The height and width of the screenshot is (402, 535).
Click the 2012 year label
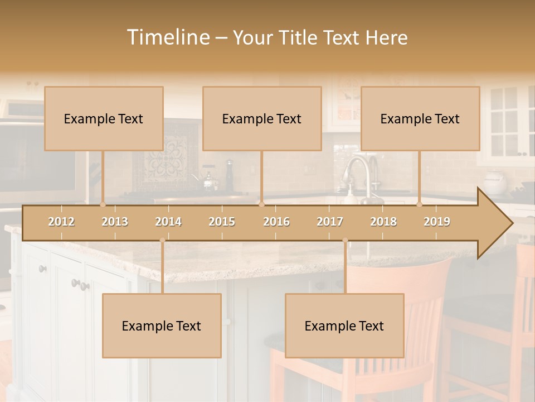click(x=61, y=222)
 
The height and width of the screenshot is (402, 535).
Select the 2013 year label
click(x=115, y=222)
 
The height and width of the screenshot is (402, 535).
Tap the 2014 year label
click(x=168, y=222)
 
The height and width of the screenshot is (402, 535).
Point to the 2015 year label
click(x=222, y=222)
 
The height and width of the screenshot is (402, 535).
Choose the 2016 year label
click(x=276, y=222)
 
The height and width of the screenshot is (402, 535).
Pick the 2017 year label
click(x=330, y=222)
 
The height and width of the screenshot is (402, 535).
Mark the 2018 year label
click(x=383, y=222)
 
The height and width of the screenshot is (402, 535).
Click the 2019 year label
click(x=437, y=222)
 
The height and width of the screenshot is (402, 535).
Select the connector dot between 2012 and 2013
click(x=103, y=204)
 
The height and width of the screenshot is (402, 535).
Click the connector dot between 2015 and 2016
click(x=261, y=204)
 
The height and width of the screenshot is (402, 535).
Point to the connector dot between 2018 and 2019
click(x=420, y=204)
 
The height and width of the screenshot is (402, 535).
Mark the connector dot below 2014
click(x=162, y=240)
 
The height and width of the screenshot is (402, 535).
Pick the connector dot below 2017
click(x=345, y=240)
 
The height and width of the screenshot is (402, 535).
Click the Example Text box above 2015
click(x=262, y=118)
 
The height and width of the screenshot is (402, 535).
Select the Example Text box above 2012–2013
click(x=104, y=118)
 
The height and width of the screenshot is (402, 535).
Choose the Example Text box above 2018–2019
click(x=420, y=118)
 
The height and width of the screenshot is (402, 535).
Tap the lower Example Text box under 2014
click(x=162, y=326)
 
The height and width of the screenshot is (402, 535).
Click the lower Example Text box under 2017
click(x=344, y=326)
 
